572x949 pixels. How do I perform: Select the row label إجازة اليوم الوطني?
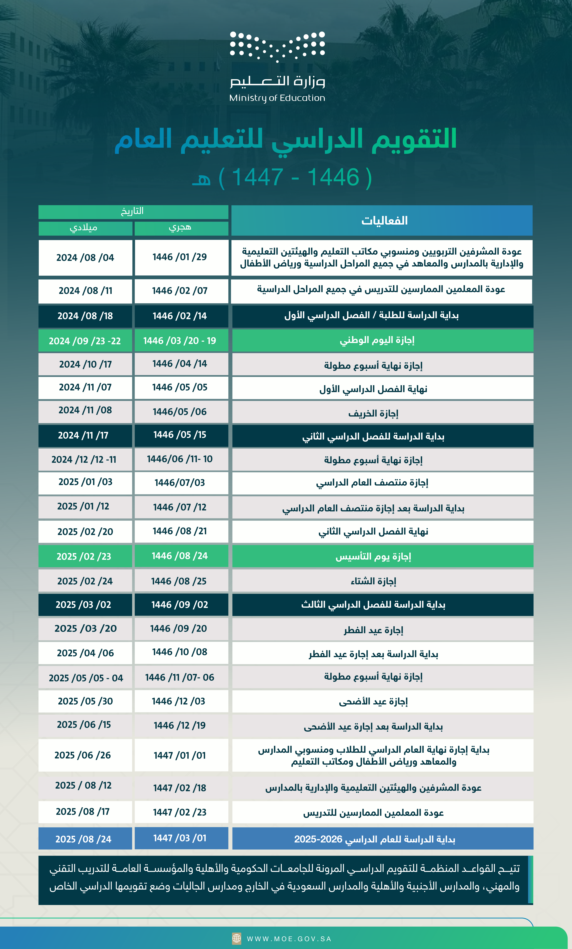point(377,340)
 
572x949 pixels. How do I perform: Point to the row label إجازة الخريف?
point(373,413)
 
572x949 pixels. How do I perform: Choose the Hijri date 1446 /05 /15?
point(180,435)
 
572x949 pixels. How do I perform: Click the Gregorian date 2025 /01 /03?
point(85,482)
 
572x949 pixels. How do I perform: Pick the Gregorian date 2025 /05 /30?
point(85,701)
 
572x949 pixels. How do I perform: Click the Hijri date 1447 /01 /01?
point(180,755)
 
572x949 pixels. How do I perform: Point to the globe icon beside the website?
point(237,939)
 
